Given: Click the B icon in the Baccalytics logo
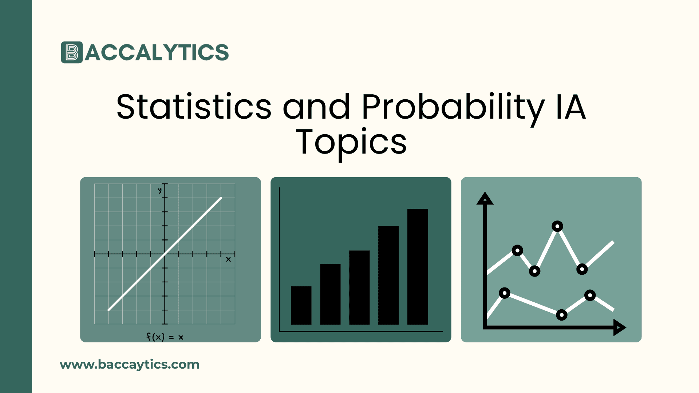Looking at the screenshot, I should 72,52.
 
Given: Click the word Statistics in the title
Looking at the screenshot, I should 194,107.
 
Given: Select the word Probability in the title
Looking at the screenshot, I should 453,107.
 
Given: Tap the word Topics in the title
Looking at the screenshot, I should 351,142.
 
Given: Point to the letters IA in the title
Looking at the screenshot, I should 571,107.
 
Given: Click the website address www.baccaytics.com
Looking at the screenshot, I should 130,365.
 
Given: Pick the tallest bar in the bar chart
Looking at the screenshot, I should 418,266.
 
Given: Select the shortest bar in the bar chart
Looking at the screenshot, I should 301,305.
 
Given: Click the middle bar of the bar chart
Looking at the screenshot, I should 359,287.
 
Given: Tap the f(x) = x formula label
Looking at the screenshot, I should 165,337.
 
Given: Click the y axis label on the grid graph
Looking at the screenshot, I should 159,190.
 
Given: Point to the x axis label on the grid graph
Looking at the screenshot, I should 228,259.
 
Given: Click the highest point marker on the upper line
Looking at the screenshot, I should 557,226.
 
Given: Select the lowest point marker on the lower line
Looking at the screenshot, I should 562,315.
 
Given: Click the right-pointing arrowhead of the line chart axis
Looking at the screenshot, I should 619,327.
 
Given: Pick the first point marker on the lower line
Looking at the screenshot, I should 505,293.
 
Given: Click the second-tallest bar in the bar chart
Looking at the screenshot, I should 388,275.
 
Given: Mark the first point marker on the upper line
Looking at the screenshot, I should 517,250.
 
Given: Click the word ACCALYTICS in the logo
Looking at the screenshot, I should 157,52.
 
